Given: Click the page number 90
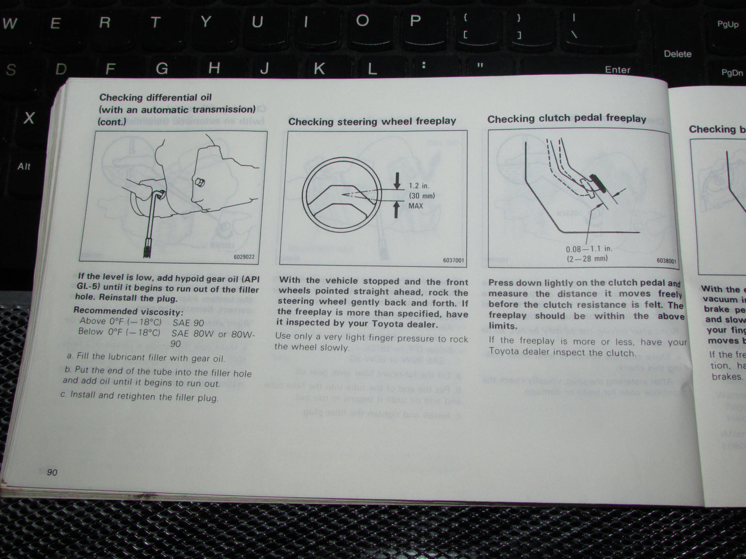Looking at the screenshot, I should pos(52,473).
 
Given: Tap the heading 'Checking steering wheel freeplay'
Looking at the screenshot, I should pos(372,121).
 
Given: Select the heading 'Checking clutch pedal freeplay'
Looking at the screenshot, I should pos(566,118).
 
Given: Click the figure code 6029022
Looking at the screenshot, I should pos(244,257).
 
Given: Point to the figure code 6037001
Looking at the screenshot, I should pos(453,260).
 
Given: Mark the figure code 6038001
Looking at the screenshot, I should pos(666,261).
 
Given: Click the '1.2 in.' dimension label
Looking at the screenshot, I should pos(419,186).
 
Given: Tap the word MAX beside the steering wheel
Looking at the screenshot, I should pos(415,206).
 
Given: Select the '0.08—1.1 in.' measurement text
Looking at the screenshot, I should pos(589,249).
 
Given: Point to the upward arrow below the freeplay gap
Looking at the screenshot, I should pos(396,209).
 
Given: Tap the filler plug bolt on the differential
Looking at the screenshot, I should pos(199,183).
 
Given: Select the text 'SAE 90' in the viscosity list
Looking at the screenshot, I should pos(188,322).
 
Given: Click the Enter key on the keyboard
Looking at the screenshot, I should pos(617,70).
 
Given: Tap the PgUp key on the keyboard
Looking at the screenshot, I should pos(727,24).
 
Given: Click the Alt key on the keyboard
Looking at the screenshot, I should pos(24,166).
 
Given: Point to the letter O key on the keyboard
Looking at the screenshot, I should pos(362,21).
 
